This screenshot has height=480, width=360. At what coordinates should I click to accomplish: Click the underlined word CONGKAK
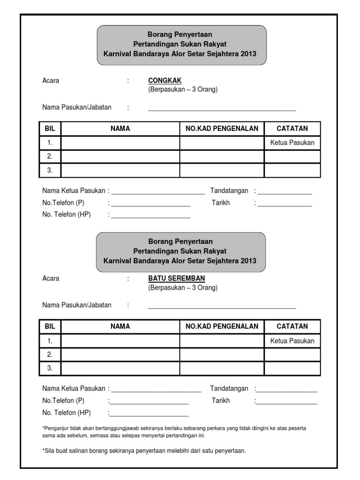165,81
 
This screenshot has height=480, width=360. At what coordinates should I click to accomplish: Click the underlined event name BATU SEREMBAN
176,278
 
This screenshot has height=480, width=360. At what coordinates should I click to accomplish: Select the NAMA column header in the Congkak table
120,128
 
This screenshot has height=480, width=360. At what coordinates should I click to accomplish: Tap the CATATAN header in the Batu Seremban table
292,326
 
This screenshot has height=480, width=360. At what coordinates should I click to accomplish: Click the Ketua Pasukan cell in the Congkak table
292,143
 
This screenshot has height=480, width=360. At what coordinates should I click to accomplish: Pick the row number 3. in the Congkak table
50,171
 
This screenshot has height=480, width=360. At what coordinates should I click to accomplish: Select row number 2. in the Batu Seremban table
50,354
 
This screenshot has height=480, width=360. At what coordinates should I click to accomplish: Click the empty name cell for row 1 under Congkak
120,143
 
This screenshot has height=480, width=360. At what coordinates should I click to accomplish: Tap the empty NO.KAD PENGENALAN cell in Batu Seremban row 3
222,368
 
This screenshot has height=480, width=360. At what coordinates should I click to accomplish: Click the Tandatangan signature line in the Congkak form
284,192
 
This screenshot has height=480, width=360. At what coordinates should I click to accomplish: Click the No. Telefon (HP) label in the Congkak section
67,215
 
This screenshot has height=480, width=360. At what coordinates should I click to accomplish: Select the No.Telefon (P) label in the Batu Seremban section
63,401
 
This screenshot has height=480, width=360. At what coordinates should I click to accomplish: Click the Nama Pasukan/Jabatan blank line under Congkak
222,109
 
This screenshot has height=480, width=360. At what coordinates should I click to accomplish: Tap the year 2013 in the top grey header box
248,54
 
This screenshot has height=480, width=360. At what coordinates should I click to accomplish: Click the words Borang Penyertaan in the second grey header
180,242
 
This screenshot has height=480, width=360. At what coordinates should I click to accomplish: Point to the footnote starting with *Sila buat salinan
144,451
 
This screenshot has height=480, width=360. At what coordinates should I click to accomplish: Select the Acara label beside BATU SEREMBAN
51,278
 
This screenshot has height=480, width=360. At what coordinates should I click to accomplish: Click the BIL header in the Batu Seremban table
50,326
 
